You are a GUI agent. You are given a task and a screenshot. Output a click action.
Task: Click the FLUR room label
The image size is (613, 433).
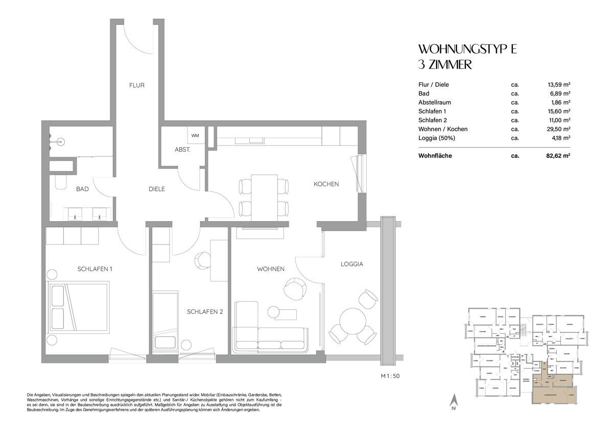click(136, 85)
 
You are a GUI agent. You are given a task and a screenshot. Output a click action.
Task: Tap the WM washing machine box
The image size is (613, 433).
click(195, 136)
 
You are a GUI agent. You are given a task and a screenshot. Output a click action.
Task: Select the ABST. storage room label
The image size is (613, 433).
click(182, 150)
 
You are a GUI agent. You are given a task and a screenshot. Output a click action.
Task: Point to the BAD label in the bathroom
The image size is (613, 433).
click(82, 189)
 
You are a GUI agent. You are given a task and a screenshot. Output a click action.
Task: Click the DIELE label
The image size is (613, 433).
click(156, 189)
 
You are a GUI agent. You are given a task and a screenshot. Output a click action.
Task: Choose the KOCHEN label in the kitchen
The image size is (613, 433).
click(326, 184)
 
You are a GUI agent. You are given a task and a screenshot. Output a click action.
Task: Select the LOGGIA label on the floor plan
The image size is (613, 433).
click(352, 264)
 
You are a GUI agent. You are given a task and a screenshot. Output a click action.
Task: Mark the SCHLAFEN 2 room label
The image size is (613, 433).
click(204, 311)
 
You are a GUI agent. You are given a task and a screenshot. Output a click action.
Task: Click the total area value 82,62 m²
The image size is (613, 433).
click(558, 156)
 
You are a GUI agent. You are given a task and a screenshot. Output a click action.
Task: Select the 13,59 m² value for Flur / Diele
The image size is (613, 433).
click(558, 85)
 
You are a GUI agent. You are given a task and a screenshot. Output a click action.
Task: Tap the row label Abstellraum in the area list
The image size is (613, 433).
click(434, 102)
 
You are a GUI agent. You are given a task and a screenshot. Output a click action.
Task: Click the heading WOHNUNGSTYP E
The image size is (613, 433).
click(468, 50)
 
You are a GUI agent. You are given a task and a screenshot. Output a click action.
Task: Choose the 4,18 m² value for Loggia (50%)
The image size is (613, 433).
click(560, 138)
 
